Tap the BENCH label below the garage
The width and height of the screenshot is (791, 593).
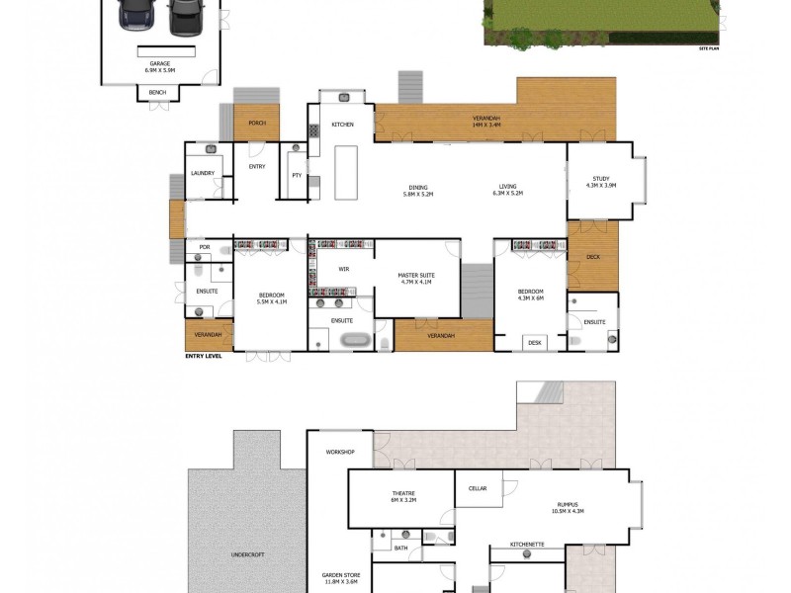[158, 93]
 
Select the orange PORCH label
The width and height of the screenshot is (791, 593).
[257, 123]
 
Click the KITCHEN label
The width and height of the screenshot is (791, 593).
[342, 125]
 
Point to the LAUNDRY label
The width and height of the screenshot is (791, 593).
[203, 173]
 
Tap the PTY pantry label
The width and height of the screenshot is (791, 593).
[296, 175]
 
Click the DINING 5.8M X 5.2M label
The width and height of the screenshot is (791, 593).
[418, 190]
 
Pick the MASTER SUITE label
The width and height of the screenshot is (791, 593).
[416, 277]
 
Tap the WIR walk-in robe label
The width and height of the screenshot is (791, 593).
[344, 268]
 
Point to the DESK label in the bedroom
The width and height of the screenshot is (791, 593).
[535, 342]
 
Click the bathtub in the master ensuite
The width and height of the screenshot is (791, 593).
[353, 341]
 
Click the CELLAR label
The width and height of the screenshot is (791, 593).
[478, 487]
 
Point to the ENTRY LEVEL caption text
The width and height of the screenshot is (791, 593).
[203, 356]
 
